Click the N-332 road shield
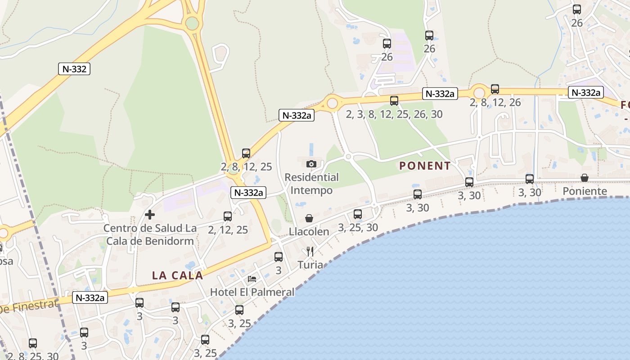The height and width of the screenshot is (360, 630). pyautogui.click(x=75, y=69)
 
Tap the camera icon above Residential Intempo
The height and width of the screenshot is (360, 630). pyautogui.click(x=311, y=164)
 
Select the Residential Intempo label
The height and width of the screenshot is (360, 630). pyautogui.click(x=311, y=184)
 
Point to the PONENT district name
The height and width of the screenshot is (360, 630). pyautogui.click(x=425, y=166)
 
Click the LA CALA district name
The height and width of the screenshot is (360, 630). pyautogui.click(x=177, y=275)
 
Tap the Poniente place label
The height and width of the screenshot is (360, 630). pyautogui.click(x=585, y=191)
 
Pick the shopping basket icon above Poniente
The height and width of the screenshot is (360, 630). pyautogui.click(x=585, y=178)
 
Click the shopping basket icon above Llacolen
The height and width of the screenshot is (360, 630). pyautogui.click(x=309, y=218)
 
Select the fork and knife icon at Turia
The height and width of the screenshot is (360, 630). pyautogui.click(x=310, y=251)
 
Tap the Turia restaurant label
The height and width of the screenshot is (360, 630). pyautogui.click(x=310, y=265)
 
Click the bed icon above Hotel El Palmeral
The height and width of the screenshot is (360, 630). pyautogui.click(x=252, y=279)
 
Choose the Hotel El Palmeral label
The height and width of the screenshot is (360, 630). pyautogui.click(x=252, y=292)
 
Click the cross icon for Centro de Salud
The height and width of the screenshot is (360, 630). pyautogui.click(x=150, y=215)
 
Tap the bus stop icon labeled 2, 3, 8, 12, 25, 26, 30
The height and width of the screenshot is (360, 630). pyautogui.click(x=394, y=101)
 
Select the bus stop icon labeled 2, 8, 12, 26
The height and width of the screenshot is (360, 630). pyautogui.click(x=495, y=89)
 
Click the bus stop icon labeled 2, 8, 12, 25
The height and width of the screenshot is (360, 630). pyautogui.click(x=246, y=153)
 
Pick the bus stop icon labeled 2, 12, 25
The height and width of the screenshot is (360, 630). pyautogui.click(x=228, y=216)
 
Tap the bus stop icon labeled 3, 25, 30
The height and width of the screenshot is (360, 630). pyautogui.click(x=358, y=214)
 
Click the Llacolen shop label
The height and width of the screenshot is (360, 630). pyautogui.click(x=309, y=232)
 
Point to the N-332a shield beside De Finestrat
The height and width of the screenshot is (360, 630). pyautogui.click(x=90, y=297)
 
